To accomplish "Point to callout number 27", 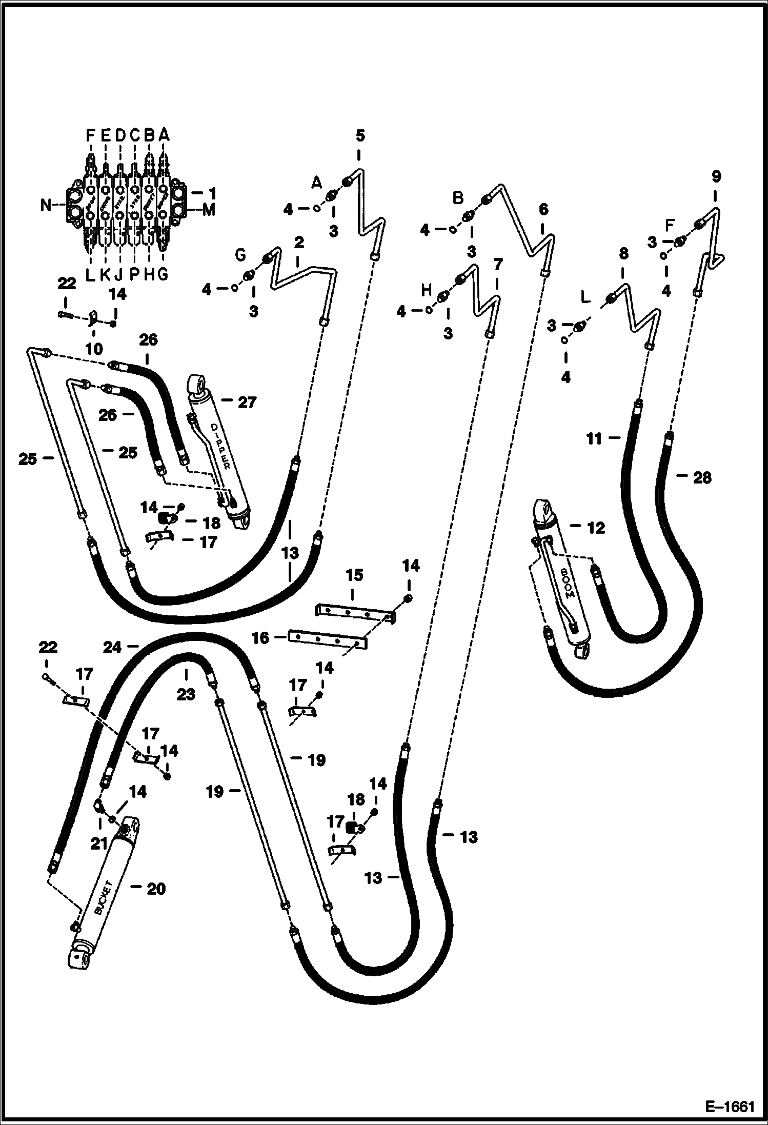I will (247, 403).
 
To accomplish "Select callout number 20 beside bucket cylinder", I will (156, 889).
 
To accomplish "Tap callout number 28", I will (702, 478).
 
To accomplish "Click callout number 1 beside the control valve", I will (212, 194).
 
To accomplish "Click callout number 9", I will (716, 177).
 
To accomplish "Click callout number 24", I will (112, 648).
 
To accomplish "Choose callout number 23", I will (186, 694).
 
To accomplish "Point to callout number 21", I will (99, 843).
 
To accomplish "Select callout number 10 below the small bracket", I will (94, 349).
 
